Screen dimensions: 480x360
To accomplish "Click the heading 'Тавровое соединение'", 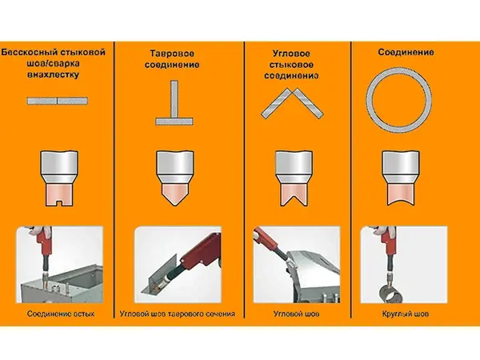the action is point(172,59).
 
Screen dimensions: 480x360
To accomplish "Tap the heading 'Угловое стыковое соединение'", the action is point(291,65).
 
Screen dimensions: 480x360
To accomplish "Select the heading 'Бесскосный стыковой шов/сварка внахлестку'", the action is point(54,63).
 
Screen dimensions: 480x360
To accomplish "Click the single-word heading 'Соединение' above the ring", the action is point(406,52).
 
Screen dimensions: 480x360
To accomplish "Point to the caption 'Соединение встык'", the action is point(61,314).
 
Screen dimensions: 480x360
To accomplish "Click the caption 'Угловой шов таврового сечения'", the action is point(178,314).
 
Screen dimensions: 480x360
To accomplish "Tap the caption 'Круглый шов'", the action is point(406,314).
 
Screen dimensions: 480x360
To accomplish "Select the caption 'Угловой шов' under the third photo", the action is point(296,314).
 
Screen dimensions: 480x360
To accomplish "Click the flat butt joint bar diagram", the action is point(58,101).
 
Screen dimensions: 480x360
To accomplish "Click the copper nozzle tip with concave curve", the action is point(401,194).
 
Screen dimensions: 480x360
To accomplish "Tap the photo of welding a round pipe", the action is point(404,265).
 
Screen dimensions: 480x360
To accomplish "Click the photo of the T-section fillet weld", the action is point(178,265).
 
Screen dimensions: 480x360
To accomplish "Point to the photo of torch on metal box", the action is point(60,265).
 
